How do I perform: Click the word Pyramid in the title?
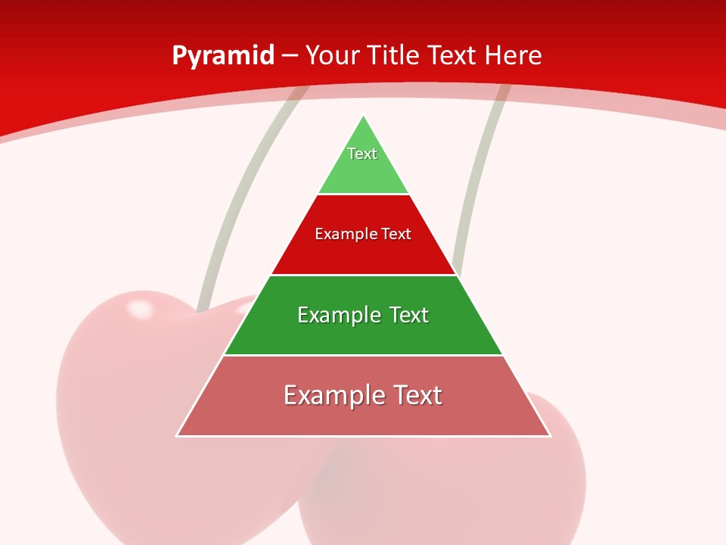point(222,56)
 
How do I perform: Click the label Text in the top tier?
point(362,154)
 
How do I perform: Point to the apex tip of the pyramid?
point(364,116)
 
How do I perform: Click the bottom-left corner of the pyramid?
point(177,435)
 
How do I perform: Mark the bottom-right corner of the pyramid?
point(550,435)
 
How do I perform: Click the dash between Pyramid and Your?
point(289,56)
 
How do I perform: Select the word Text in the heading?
point(453,55)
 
